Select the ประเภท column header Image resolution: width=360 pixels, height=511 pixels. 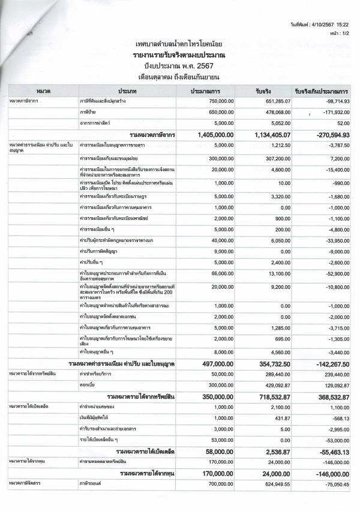click(128, 90)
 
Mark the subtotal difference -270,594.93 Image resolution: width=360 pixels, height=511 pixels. click(326, 135)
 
